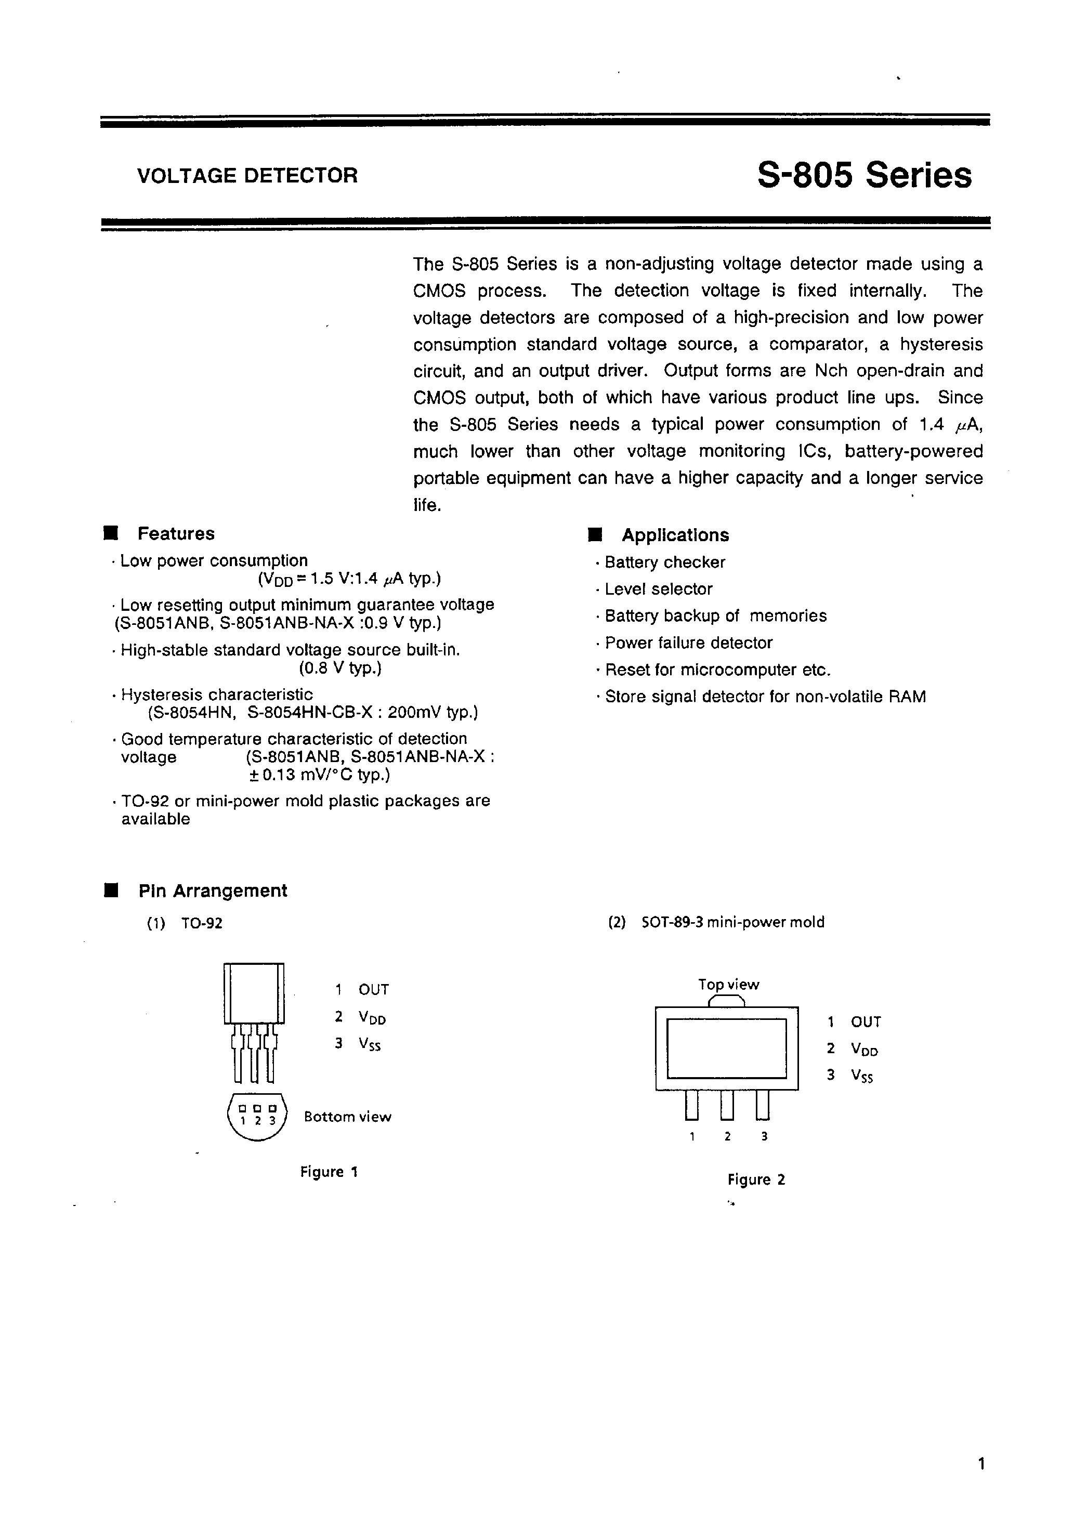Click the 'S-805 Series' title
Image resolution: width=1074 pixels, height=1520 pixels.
point(864,175)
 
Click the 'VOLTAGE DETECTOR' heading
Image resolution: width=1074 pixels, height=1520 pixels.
point(247,175)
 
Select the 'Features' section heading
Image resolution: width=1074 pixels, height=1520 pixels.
point(176,533)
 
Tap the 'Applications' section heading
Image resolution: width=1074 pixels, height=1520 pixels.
point(675,535)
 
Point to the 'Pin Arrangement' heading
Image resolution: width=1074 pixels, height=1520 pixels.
point(213,891)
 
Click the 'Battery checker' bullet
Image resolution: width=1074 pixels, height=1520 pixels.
point(665,562)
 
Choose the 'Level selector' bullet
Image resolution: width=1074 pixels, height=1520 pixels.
point(658,589)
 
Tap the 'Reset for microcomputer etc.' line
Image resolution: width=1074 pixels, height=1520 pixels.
point(717,670)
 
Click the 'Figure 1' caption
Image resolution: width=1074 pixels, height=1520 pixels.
point(329,1172)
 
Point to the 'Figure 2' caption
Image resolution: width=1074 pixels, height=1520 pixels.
point(756,1179)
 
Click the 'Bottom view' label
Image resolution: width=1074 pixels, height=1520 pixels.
point(348,1117)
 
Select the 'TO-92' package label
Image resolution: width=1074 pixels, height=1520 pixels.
point(202,923)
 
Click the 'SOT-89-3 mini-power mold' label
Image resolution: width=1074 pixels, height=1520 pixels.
point(733,922)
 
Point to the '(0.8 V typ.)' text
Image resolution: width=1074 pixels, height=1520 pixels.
point(340,668)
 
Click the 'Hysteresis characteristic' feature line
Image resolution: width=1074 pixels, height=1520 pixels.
point(217,695)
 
